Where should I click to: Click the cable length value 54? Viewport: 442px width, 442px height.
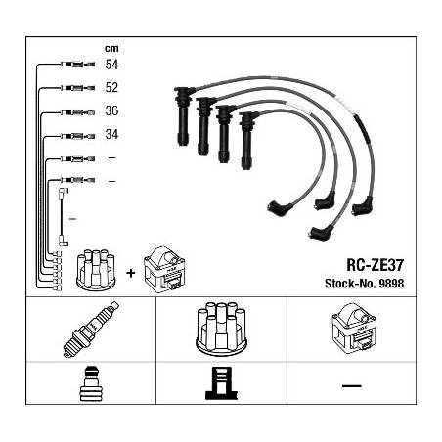pos(111,65)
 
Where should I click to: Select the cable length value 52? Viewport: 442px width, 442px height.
pos(111,87)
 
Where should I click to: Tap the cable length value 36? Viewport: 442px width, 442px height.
pos(111,110)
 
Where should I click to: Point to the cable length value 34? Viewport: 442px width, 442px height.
pos(111,134)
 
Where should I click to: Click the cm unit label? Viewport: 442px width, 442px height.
pos(111,48)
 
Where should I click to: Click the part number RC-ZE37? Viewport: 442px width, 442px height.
pos(375,265)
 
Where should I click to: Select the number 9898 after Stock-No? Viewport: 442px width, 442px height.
pos(391,284)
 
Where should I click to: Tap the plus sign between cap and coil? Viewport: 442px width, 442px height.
pos(130,273)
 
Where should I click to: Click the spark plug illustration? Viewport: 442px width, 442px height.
pos(91,330)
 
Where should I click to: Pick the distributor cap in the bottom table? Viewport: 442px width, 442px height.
pos(221,328)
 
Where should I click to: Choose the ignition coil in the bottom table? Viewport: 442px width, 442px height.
pos(354,328)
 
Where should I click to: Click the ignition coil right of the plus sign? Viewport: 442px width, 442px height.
pos(164,270)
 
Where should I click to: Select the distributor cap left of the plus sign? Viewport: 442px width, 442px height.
pos(96,270)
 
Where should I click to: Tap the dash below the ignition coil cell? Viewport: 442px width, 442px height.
pos(352,386)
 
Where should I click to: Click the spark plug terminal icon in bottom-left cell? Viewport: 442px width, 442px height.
pos(91,383)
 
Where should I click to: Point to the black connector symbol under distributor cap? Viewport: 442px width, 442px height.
pos(221,383)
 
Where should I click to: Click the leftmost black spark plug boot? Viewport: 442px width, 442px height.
pos(183,116)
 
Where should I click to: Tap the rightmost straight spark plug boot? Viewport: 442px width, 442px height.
pos(247,141)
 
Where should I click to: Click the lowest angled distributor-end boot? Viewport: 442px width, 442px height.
pos(322,232)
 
